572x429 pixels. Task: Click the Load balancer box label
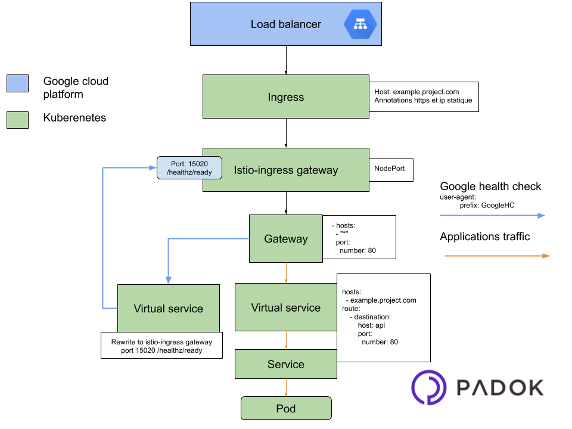click(x=285, y=24)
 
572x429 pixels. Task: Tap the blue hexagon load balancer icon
click(x=360, y=24)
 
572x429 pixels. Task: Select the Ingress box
click(x=285, y=97)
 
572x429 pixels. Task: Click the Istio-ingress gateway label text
click(x=286, y=170)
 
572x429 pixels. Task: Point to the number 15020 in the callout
click(x=198, y=163)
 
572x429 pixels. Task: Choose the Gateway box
click(x=285, y=238)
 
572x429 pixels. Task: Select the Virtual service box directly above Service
click(x=285, y=307)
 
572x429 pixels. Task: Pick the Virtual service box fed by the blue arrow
click(x=168, y=309)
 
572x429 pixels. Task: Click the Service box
click(x=285, y=364)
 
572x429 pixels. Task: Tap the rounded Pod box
click(x=285, y=409)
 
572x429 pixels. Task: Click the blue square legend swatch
click(x=17, y=83)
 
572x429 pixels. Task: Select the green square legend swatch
click(x=17, y=120)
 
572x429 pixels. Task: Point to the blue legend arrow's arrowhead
click(x=542, y=216)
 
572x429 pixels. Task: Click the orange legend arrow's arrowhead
click(x=546, y=256)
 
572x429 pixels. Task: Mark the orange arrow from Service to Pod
click(x=286, y=387)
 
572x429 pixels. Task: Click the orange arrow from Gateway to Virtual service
click(x=286, y=273)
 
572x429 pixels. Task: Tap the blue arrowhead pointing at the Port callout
click(x=153, y=168)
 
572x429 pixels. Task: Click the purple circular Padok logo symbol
click(x=428, y=387)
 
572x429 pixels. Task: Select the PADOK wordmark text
click(x=500, y=388)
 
